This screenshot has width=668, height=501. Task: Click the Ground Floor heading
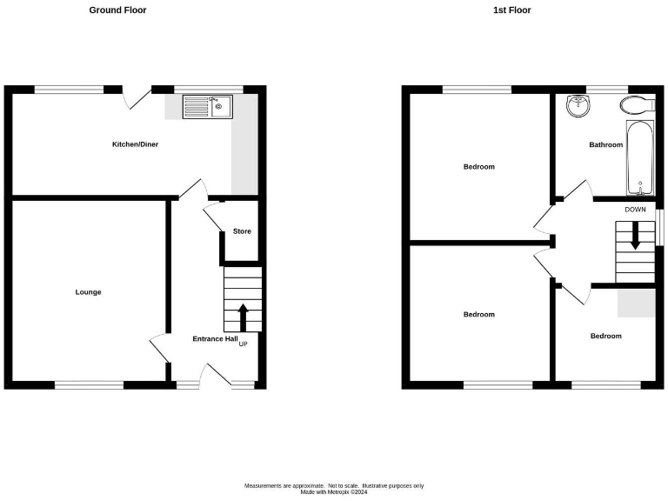tap(117, 10)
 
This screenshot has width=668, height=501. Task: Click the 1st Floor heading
tap(512, 10)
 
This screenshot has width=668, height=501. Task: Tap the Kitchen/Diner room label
tap(134, 144)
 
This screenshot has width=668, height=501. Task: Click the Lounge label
tap(88, 292)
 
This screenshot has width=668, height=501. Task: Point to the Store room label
tap(241, 231)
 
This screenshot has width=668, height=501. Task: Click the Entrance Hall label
tap(215, 338)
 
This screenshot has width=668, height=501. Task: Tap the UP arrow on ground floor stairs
tap(243, 317)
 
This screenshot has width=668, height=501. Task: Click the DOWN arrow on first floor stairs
tap(635, 236)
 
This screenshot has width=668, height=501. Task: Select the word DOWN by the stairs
tap(634, 210)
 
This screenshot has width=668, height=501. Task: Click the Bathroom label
tap(605, 144)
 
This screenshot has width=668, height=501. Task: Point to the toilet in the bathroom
tap(637, 105)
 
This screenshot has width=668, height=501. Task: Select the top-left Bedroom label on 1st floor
tap(478, 166)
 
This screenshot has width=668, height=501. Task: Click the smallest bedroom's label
tap(605, 336)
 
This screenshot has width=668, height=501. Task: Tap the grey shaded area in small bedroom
tap(636, 303)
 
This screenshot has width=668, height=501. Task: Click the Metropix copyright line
tap(334, 492)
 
